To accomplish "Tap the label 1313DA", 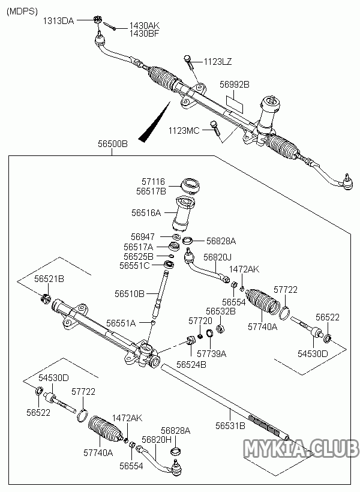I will click(x=58, y=20).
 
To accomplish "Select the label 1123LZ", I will click(x=217, y=62).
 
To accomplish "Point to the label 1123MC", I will click(x=184, y=130).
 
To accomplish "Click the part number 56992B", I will click(x=234, y=85).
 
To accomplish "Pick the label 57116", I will click(x=154, y=181).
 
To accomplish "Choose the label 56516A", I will click(x=146, y=213).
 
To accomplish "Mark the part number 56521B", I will click(x=49, y=280).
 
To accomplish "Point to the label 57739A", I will click(x=211, y=354).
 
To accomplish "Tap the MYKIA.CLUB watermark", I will click(x=299, y=448).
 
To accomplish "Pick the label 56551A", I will click(x=121, y=323).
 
